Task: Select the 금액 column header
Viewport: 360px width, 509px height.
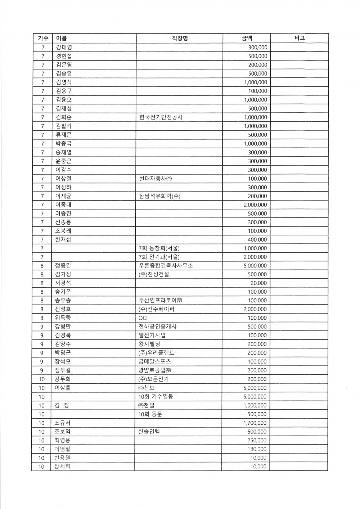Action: [247, 38]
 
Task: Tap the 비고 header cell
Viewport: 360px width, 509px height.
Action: [299, 38]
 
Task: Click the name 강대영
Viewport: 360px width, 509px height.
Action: [64, 47]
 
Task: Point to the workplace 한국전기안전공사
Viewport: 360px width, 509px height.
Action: [161, 117]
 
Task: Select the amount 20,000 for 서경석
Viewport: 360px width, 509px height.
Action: [259, 283]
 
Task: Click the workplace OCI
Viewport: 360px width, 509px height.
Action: [143, 318]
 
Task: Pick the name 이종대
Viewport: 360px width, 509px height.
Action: [63, 205]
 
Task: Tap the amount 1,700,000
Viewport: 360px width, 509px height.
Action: [255, 423]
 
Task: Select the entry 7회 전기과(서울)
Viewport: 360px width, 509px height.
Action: [159, 257]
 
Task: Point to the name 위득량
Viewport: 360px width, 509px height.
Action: [63, 318]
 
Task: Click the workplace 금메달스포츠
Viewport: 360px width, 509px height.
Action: [155, 362]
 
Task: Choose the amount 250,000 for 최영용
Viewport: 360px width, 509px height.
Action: [257, 441]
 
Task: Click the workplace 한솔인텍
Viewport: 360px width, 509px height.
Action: [149, 432]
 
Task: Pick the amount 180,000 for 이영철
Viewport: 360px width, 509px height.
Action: [257, 449]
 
